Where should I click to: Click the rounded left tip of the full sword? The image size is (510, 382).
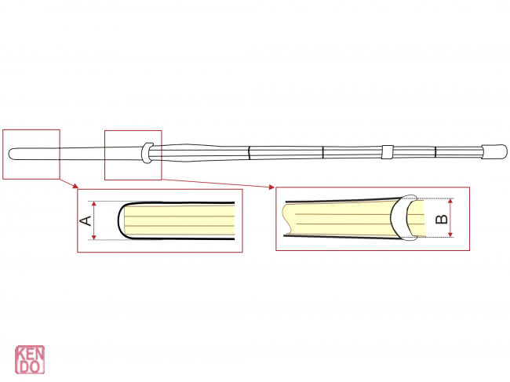point(11,153)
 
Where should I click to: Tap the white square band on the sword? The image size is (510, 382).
point(387,151)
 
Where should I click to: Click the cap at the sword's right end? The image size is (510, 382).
point(492,151)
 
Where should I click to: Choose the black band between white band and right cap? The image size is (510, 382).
point(436,151)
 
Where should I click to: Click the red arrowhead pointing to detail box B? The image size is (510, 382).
point(272,187)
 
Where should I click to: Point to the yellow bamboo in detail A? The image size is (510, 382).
point(180,220)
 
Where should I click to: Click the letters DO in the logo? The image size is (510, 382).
point(29,366)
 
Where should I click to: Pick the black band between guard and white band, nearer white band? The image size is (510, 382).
point(323,151)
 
